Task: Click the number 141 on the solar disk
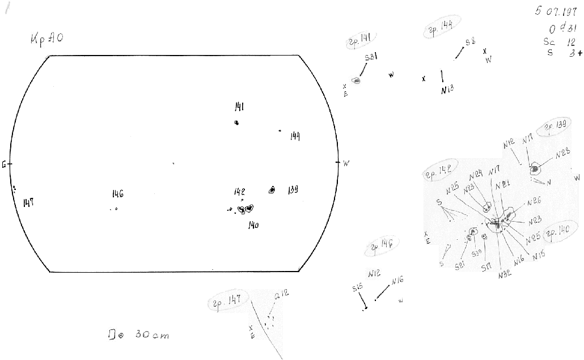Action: (239, 107)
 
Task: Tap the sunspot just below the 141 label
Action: (236, 122)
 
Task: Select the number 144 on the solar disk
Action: (295, 136)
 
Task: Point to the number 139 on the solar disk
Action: (293, 189)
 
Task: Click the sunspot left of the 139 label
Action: (272, 190)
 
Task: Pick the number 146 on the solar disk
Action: (117, 194)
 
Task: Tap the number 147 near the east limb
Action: (28, 202)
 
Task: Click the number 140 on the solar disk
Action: (253, 225)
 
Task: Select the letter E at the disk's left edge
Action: (4, 164)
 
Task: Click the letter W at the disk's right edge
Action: (346, 163)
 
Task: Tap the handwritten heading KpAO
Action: (47, 39)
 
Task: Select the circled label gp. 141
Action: (360, 38)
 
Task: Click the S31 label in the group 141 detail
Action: (371, 57)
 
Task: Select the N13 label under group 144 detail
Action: (447, 89)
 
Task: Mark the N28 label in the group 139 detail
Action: (562, 153)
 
